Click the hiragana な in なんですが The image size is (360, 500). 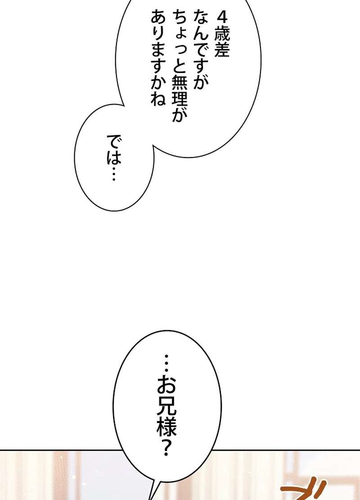click(x=200, y=18)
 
